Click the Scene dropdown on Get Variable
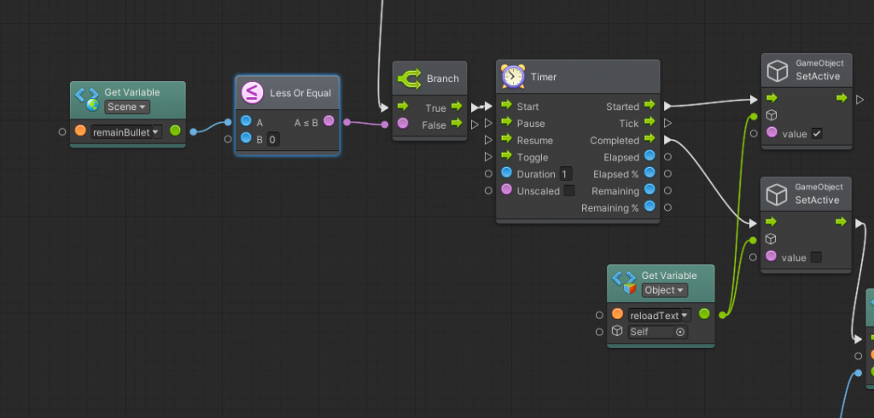click(x=127, y=107)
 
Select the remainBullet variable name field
click(x=126, y=132)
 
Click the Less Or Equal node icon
click(x=253, y=92)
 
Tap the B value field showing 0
click(x=273, y=139)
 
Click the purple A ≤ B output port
click(x=329, y=121)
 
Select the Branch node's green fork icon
click(x=409, y=78)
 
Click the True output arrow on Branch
click(x=457, y=106)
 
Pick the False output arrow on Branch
click(x=457, y=123)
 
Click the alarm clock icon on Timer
click(x=513, y=77)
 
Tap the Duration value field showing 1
click(x=566, y=174)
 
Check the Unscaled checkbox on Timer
click(x=569, y=190)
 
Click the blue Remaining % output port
click(x=650, y=206)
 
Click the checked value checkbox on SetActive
click(x=817, y=134)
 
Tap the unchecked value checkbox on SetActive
click(x=816, y=258)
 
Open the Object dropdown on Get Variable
click(x=664, y=290)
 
